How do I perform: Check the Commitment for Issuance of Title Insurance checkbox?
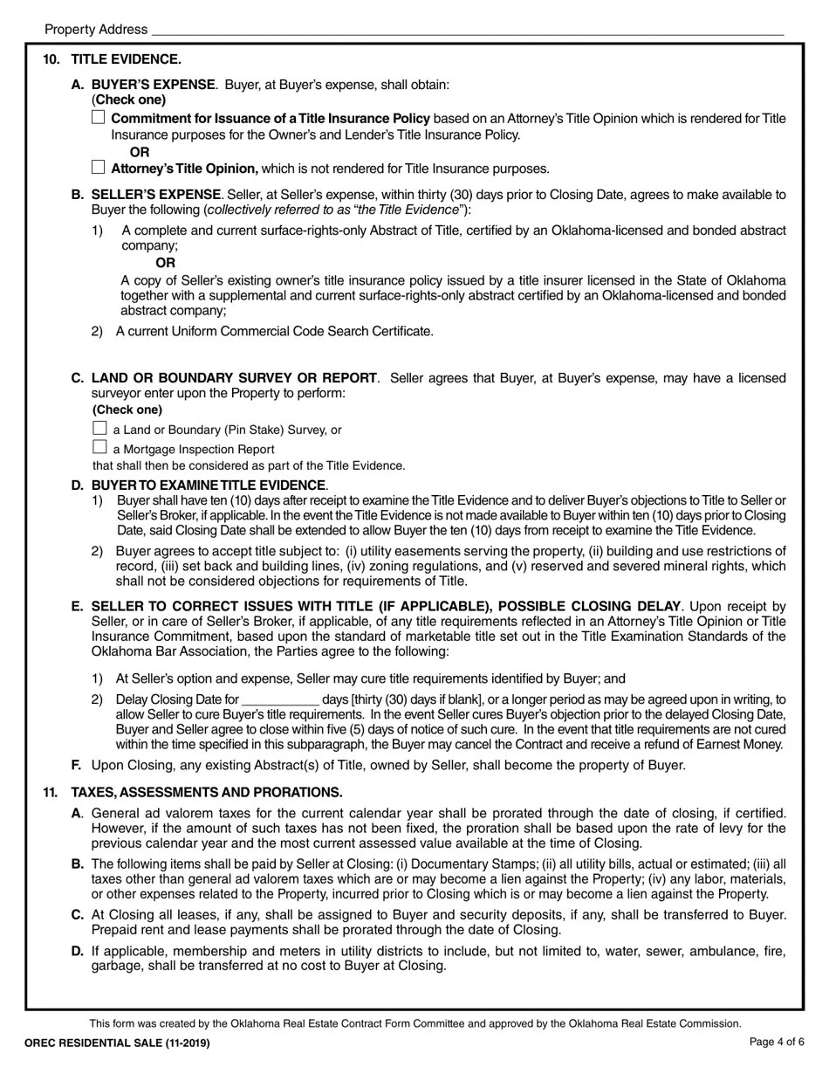tap(98, 117)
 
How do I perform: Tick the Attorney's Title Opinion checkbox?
tap(98, 167)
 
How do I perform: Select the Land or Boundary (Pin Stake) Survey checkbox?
tap(99, 428)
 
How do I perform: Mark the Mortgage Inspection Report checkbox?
tap(99, 448)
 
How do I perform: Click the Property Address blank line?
tap(467, 30)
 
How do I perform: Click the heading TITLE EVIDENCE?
tap(126, 59)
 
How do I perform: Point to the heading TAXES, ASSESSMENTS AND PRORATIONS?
tap(206, 792)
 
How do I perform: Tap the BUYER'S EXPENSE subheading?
tap(153, 85)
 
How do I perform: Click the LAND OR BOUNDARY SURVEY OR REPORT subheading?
tap(234, 377)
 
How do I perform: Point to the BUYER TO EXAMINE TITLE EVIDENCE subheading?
tap(209, 485)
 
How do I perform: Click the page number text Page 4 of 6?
tap(777, 1042)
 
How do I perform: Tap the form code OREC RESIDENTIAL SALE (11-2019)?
tap(118, 1043)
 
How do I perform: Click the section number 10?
tap(51, 59)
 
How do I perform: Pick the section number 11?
tap(51, 792)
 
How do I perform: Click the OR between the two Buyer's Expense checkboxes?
tap(140, 152)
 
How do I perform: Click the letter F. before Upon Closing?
tap(77, 765)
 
